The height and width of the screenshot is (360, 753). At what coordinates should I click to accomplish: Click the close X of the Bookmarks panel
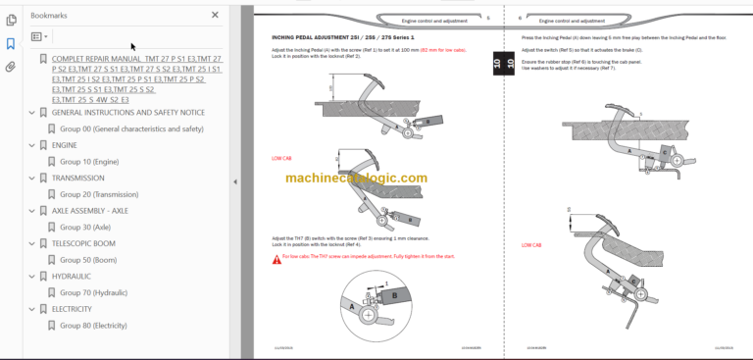216,15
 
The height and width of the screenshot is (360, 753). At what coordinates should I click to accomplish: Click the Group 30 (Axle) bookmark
85,227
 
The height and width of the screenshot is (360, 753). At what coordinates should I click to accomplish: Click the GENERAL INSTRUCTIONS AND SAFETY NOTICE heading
128,112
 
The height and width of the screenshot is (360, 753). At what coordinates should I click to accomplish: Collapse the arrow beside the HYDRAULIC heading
30,276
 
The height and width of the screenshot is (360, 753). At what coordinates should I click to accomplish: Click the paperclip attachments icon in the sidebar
11,67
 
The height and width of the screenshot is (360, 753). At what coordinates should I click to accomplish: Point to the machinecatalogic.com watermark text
356,179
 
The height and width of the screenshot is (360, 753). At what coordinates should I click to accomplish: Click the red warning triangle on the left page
276,258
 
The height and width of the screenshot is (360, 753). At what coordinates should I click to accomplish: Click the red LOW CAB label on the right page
531,245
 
